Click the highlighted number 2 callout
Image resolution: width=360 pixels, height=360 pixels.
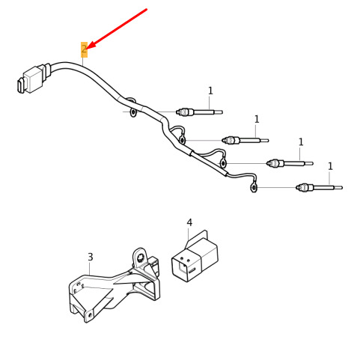pos(84,49)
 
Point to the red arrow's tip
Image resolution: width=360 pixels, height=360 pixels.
pos(88,49)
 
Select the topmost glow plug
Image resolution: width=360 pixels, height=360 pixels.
pos(199,112)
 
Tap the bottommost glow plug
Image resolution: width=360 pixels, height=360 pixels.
pos(319,187)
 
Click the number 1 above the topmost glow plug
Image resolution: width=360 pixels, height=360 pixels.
pos(210,91)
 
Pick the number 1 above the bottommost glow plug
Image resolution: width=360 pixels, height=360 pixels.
pos(330,166)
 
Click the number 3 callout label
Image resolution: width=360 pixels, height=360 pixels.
pos(91,257)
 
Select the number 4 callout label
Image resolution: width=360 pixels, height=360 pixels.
pos(189,222)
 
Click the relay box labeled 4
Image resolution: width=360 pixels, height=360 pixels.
pos(195,257)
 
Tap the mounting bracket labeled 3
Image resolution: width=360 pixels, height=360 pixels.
pos(115,286)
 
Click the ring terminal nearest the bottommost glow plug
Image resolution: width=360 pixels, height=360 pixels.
pos(253,188)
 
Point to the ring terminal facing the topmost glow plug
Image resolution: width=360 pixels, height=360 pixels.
pos(133,113)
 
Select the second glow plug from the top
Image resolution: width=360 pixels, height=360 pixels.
pos(245,140)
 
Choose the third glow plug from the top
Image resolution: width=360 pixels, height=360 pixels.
pos(290,163)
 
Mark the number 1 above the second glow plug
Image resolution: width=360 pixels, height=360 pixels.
pos(257,119)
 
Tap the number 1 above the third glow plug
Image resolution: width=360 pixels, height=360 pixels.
pos(301,142)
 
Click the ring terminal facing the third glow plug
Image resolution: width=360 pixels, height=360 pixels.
pos(223,163)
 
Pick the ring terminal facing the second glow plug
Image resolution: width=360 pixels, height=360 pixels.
pos(183,140)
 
